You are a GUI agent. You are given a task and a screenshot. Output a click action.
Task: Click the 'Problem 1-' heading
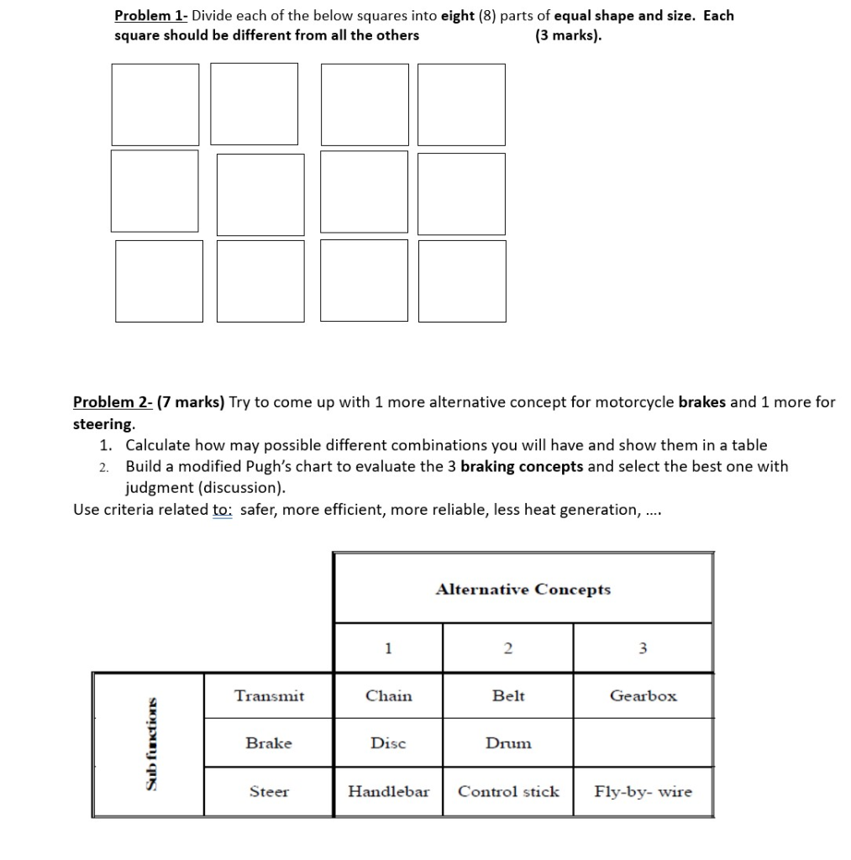pos(151,16)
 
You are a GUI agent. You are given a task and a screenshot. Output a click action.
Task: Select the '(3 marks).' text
pos(568,35)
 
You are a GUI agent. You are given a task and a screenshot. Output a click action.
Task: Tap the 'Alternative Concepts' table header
pos(523,589)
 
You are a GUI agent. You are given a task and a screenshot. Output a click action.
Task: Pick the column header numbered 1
pos(387,648)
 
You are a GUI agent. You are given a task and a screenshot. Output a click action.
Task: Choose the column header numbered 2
pos(507,648)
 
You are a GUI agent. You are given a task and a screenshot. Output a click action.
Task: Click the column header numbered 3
pos(643,648)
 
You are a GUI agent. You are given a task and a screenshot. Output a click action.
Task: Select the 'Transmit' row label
pos(269,695)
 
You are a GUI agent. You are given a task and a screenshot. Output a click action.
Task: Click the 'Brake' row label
pos(269,743)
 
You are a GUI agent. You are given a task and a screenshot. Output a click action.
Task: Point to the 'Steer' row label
pos(269,791)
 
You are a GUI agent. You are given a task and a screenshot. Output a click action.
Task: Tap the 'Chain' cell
pos(388,695)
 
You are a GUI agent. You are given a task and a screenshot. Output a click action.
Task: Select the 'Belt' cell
pos(508,695)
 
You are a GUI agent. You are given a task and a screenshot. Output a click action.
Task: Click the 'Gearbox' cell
pos(643,695)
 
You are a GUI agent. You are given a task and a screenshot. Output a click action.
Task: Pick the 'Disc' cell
pos(388,743)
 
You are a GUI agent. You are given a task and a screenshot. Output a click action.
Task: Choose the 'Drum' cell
pos(508,743)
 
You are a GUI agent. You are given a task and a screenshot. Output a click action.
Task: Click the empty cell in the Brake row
pos(643,743)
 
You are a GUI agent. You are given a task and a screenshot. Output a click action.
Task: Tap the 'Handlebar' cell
pos(388,791)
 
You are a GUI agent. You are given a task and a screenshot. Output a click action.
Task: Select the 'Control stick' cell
pos(508,791)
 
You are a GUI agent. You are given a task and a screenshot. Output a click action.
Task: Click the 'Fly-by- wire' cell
pos(643,791)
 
